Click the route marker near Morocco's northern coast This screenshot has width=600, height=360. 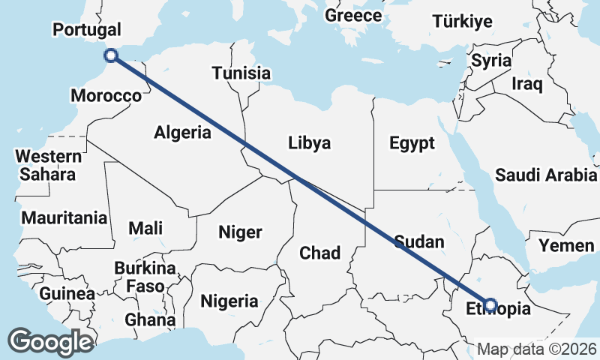tap(111, 55)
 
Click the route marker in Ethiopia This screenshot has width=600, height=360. tap(490, 304)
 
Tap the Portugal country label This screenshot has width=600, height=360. tap(86, 30)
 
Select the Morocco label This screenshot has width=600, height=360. tap(106, 96)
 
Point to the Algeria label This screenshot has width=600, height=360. tap(183, 133)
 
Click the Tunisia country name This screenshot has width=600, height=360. tap(241, 73)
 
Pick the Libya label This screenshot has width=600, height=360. tap(309, 142)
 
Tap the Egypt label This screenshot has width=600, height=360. tap(412, 142)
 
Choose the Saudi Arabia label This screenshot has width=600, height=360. tap(545, 175)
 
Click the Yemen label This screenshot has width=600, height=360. tap(566, 245)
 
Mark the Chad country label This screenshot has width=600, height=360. tap(320, 253)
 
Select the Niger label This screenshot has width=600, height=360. tap(240, 232)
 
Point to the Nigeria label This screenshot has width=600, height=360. tap(229, 301)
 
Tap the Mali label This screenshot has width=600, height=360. tap(145, 227)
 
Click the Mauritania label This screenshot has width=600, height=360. tap(64, 218)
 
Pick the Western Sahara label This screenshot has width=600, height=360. tap(48, 166)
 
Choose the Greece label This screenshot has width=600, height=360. tap(354, 15)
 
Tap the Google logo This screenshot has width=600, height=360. tap(50, 342)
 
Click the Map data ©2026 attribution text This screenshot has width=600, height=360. tap(537, 349)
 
